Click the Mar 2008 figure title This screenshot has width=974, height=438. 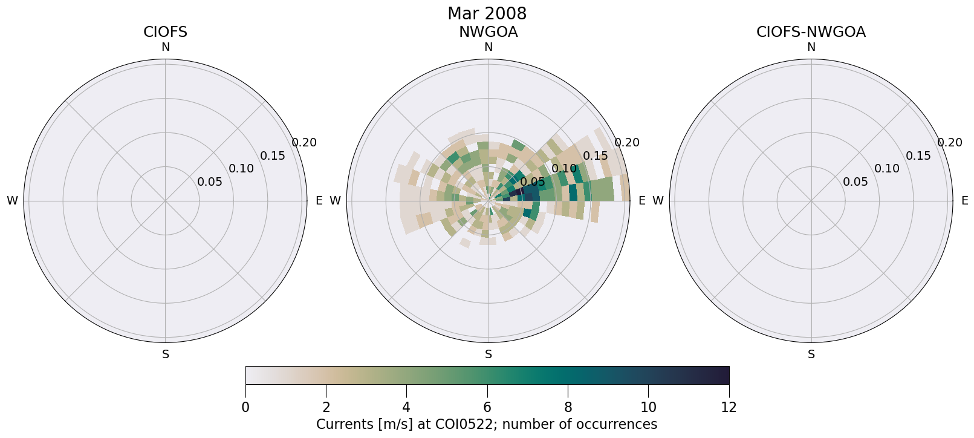(x=487, y=13)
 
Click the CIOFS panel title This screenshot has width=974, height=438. (x=165, y=32)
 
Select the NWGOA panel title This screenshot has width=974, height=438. (x=488, y=32)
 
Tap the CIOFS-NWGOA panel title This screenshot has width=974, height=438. (x=811, y=32)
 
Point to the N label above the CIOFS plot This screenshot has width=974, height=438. (x=165, y=47)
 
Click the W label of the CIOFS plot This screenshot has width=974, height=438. (x=12, y=201)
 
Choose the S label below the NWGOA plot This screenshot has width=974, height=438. (x=489, y=355)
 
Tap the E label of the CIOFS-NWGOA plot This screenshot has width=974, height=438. (x=965, y=201)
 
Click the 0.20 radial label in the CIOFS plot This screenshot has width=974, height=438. (x=304, y=143)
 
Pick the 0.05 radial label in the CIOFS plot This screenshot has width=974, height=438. (x=210, y=182)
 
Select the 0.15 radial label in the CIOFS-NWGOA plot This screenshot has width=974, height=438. (x=918, y=156)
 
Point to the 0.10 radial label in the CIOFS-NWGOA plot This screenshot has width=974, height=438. (x=887, y=169)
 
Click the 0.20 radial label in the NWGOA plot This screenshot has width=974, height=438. (x=627, y=143)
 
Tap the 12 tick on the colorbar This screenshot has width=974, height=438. (x=729, y=407)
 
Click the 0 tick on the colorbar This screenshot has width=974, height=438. (x=245, y=407)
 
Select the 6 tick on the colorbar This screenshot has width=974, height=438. (x=487, y=407)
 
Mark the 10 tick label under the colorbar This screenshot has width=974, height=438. (x=648, y=407)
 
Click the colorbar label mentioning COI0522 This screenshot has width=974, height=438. (x=487, y=424)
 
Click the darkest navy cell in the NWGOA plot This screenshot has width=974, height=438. (x=517, y=192)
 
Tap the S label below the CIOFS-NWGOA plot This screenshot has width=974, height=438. (x=811, y=355)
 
